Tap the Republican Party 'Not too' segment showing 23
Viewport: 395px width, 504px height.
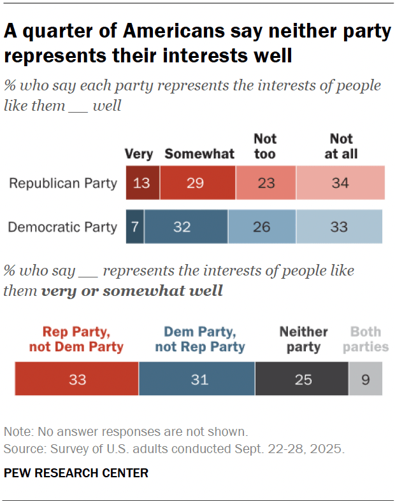point(266,183)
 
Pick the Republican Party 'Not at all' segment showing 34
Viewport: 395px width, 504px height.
point(340,183)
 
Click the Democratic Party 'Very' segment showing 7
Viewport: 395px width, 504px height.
point(135,227)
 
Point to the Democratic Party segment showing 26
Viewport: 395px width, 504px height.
point(262,227)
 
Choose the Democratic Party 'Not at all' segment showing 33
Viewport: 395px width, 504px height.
point(339,227)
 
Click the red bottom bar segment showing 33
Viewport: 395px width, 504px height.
point(76,380)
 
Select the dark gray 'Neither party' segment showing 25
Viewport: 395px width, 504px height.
point(301,380)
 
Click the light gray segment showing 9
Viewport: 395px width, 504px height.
point(366,380)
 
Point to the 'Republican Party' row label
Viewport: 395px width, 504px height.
point(62,183)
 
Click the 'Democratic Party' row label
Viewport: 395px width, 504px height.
point(62,227)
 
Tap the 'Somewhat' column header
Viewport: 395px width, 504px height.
point(199,154)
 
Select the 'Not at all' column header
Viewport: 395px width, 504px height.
point(341,146)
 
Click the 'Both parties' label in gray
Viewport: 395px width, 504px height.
point(366,339)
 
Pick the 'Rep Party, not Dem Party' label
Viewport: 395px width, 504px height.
point(76,339)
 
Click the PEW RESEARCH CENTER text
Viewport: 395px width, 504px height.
point(76,473)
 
